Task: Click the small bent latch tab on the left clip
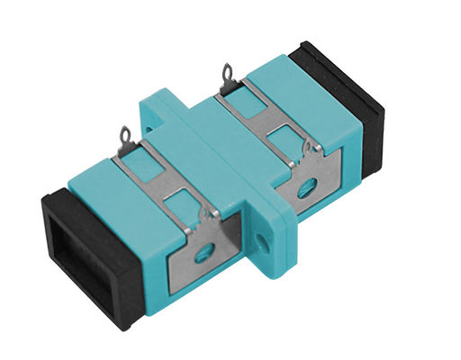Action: click(x=207, y=216)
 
